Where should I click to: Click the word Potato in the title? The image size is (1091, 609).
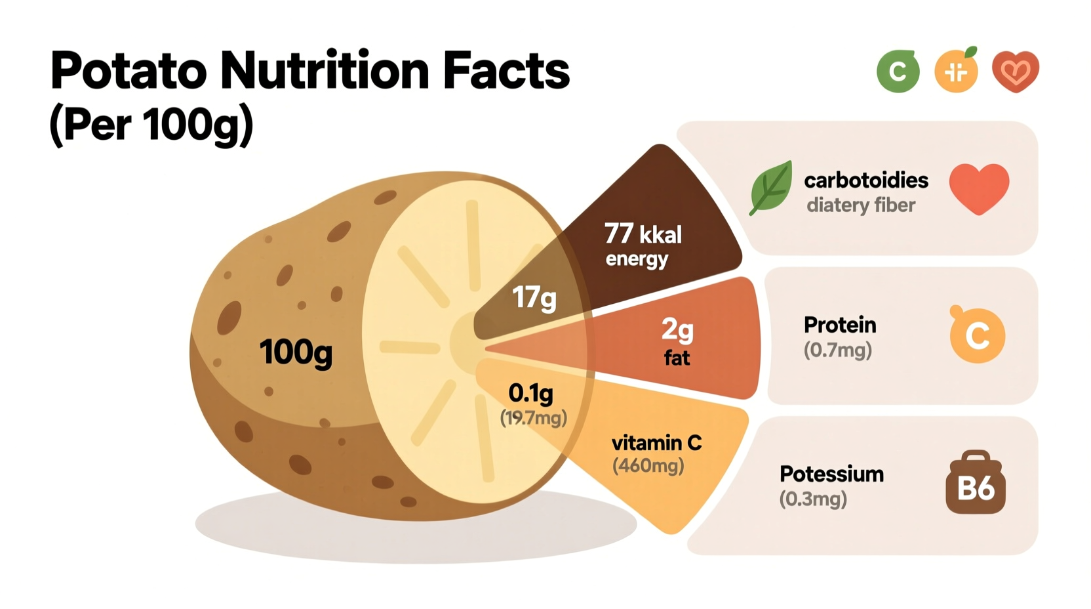(129, 71)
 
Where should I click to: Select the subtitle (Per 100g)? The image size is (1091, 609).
(151, 123)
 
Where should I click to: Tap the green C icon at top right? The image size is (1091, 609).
(898, 71)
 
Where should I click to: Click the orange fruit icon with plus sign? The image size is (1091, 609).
(956, 71)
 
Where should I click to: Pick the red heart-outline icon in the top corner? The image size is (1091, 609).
(1015, 71)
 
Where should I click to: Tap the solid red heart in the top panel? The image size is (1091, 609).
(979, 187)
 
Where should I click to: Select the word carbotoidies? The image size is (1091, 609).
(865, 180)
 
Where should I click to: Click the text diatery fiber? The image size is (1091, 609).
(860, 205)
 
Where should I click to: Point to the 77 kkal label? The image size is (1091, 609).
(643, 234)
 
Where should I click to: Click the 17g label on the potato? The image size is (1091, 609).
(534, 298)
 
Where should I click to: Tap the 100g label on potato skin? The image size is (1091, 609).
(296, 352)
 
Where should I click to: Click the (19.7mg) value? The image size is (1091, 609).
(533, 418)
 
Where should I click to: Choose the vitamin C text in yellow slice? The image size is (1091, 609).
(656, 443)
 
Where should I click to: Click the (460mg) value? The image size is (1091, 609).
(648, 466)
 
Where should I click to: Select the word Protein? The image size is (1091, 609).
(839, 325)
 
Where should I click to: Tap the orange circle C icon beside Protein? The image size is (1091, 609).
(977, 335)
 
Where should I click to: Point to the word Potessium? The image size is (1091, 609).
(831, 474)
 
